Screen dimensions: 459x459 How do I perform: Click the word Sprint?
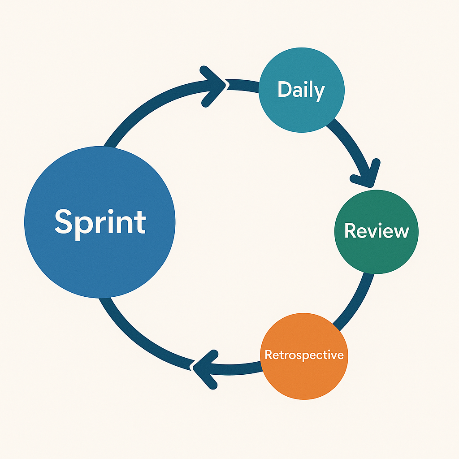pyautogui.click(x=100, y=222)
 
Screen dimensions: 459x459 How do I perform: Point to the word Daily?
pyautogui.click(x=301, y=90)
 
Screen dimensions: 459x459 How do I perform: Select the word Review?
pyautogui.click(x=377, y=231)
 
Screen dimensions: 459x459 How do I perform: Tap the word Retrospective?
pyautogui.click(x=304, y=355)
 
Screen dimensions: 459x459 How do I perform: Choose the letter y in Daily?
pyautogui.click(x=319, y=92)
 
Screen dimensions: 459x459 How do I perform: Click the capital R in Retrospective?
pyautogui.click(x=268, y=355)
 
